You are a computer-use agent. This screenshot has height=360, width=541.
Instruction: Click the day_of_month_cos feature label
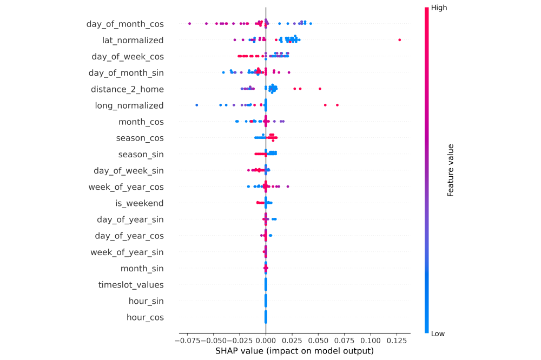click(x=125, y=24)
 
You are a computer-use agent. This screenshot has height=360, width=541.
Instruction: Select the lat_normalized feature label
click(x=133, y=40)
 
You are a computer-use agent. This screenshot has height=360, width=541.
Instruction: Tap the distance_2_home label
click(x=127, y=89)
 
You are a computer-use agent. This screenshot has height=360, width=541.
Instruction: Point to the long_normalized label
click(x=129, y=105)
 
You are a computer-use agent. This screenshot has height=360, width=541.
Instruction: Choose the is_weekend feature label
click(x=139, y=203)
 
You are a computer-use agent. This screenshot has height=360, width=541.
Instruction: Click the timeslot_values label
click(x=131, y=285)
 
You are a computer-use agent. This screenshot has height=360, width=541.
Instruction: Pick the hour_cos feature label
click(x=145, y=317)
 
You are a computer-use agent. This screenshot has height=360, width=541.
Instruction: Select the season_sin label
click(x=141, y=155)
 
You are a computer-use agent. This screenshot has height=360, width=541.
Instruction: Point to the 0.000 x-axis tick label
click(x=266, y=342)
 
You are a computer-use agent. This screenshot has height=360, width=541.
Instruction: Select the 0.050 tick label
click(x=318, y=342)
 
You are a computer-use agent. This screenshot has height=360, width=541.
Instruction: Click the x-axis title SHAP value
click(x=294, y=351)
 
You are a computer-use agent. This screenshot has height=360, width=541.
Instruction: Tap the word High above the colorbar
click(x=438, y=8)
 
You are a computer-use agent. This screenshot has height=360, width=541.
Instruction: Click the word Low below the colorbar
click(x=438, y=334)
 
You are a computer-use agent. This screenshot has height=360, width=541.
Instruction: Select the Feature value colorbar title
click(x=450, y=170)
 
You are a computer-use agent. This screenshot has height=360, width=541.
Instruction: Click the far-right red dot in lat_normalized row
click(x=399, y=40)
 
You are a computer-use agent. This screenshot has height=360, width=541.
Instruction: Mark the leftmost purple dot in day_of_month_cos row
click(x=189, y=23)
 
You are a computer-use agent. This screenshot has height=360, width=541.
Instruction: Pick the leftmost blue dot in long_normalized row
click(x=196, y=105)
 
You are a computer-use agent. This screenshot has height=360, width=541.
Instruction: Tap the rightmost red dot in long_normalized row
click(x=337, y=105)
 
